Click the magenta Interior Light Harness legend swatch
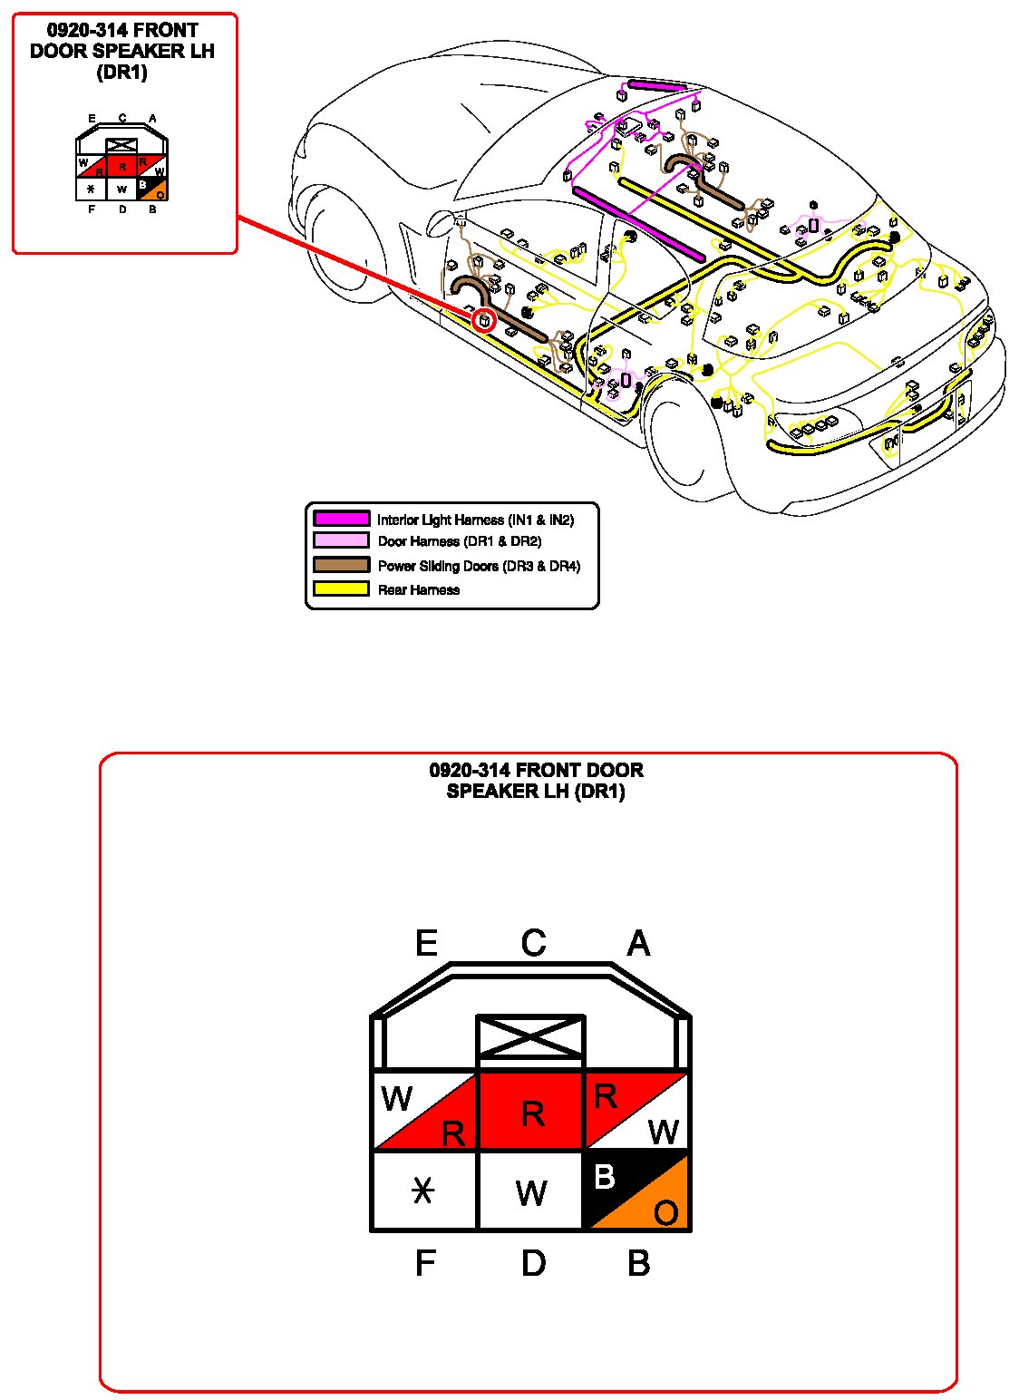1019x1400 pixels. click(341, 519)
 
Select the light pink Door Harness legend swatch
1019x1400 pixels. click(341, 540)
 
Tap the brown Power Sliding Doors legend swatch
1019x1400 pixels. click(341, 565)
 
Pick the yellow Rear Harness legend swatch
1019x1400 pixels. click(341, 588)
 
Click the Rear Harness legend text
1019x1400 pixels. click(418, 589)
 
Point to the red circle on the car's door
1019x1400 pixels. click(485, 319)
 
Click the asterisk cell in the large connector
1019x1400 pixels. click(423, 1191)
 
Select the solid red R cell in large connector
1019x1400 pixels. click(531, 1112)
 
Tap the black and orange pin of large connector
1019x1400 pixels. click(636, 1191)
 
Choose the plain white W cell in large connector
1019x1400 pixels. click(531, 1191)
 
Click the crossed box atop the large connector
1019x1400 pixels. click(531, 1036)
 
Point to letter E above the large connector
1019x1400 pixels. click(426, 944)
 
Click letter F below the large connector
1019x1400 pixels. click(425, 1263)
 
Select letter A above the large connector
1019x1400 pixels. click(638, 944)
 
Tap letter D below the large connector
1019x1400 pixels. click(533, 1263)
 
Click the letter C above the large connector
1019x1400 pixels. click(533, 944)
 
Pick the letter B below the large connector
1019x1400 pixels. click(638, 1263)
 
